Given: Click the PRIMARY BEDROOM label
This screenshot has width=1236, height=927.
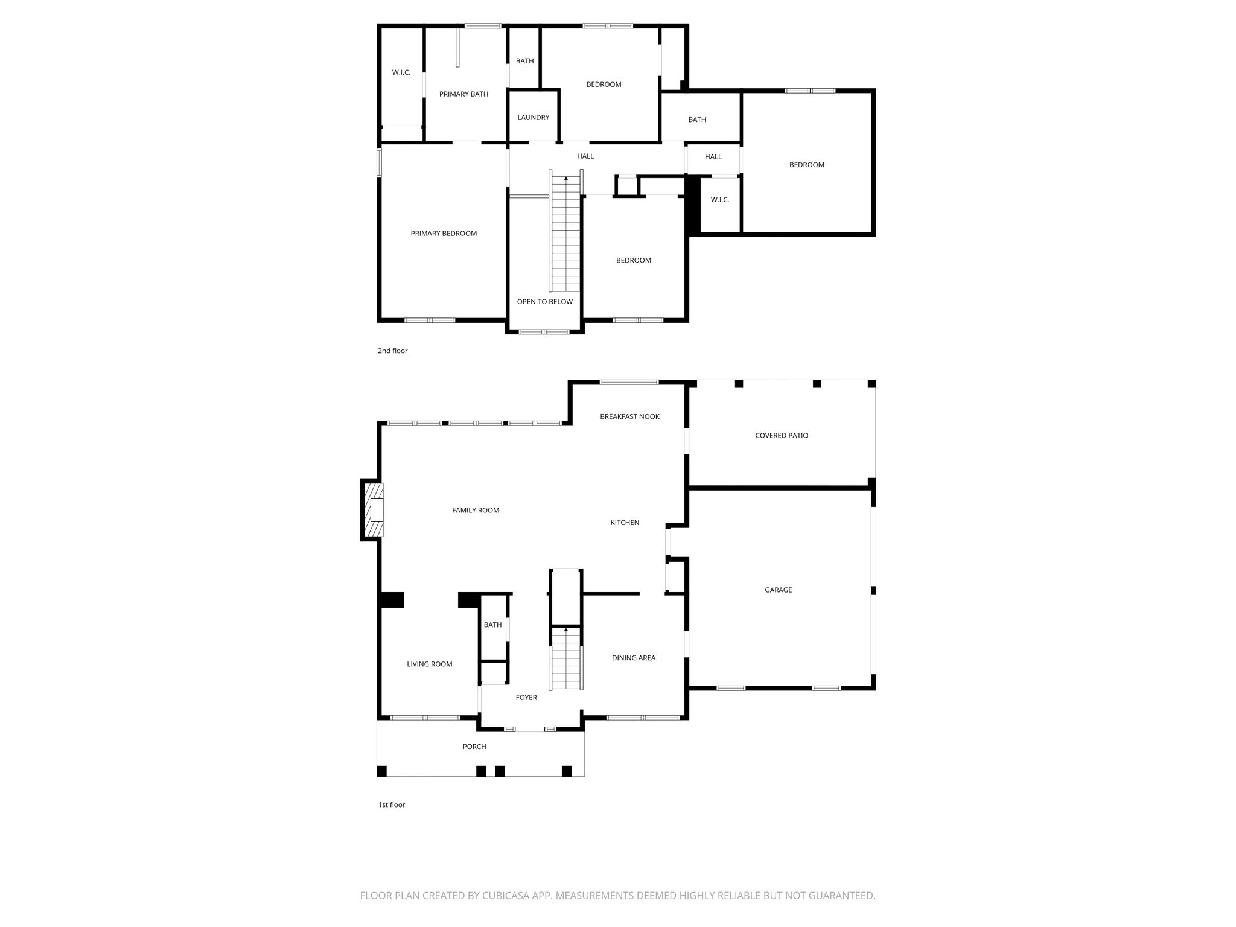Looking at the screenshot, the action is (x=444, y=234).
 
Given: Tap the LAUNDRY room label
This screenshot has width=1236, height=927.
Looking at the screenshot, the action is (x=534, y=118).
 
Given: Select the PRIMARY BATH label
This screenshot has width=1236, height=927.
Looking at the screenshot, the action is (x=463, y=94).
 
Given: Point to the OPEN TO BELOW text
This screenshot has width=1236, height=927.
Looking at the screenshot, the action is (x=545, y=302).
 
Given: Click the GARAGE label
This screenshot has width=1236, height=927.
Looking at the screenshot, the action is (x=779, y=590).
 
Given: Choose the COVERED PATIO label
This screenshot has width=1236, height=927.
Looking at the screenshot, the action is (x=782, y=436).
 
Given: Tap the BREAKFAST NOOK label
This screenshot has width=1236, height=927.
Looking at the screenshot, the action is (x=630, y=417).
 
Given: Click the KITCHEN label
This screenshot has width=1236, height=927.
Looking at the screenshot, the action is (x=625, y=523).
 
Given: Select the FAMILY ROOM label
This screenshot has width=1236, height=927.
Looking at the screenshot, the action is (x=476, y=511).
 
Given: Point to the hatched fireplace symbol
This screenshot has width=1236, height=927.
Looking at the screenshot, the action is (x=372, y=510).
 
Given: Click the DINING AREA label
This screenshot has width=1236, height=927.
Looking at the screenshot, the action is (x=634, y=658).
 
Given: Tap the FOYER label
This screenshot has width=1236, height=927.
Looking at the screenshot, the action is (x=526, y=698).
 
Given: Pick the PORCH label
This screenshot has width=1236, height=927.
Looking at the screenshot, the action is (x=474, y=747).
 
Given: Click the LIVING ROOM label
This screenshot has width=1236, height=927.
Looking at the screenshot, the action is (x=430, y=664).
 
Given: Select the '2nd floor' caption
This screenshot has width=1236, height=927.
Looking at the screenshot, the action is (x=393, y=351).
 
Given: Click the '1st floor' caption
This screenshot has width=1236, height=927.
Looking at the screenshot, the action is (x=392, y=805).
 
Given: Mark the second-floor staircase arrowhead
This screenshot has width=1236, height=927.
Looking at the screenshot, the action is (x=566, y=179).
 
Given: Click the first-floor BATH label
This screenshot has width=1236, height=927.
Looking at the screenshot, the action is (x=493, y=625).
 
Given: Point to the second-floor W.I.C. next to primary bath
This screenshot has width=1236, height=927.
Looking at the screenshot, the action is (x=401, y=73).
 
